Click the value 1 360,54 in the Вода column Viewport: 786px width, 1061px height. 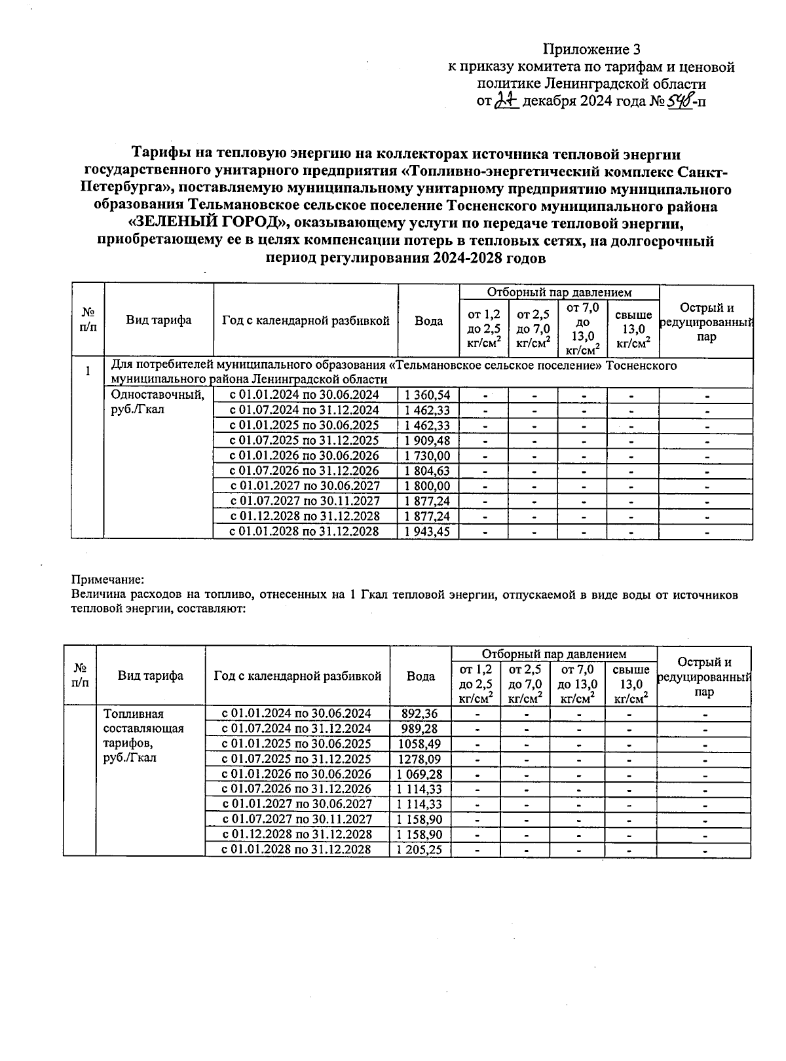pyautogui.click(x=428, y=395)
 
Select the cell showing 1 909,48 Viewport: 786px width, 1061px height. pyautogui.click(x=428, y=440)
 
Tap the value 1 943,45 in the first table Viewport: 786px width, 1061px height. pyautogui.click(x=428, y=531)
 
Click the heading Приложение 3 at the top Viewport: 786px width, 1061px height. pyautogui.click(x=591, y=49)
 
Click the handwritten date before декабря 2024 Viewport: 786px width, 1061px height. pyautogui.click(x=506, y=100)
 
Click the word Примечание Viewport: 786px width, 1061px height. pyautogui.click(x=107, y=580)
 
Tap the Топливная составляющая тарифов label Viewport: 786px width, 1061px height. pyautogui.click(x=143, y=736)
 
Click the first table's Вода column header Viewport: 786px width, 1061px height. pyautogui.click(x=428, y=320)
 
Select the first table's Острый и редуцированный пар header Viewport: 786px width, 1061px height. pyautogui.click(x=706, y=322)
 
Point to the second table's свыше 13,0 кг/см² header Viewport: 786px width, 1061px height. pyautogui.click(x=631, y=684)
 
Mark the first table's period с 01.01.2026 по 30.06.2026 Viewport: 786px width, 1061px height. pyautogui.click(x=305, y=455)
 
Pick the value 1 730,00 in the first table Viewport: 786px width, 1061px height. pyautogui.click(x=428, y=455)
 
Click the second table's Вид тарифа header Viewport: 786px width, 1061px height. pyautogui.click(x=151, y=676)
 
